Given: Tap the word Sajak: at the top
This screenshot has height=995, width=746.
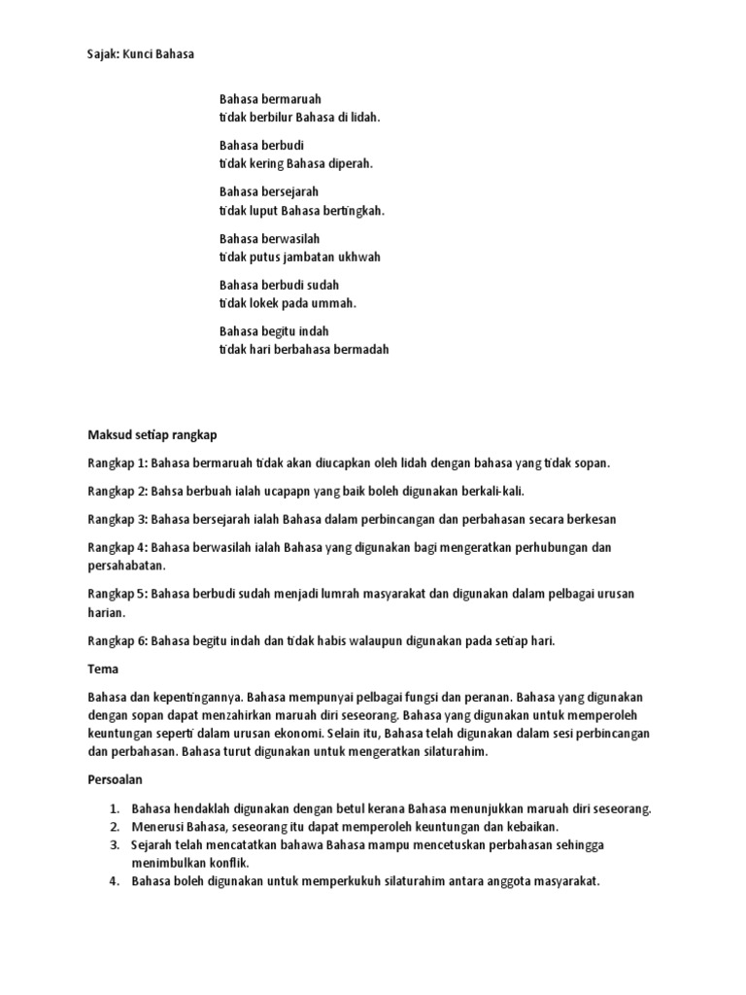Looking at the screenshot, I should [x=105, y=54].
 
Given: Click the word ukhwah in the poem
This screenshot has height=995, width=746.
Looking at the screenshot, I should [x=358, y=257].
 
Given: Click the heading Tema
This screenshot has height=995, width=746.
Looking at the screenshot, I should [x=102, y=670].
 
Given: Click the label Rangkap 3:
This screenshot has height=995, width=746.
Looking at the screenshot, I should [x=118, y=520].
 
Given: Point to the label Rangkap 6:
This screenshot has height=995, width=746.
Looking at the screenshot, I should [x=118, y=641].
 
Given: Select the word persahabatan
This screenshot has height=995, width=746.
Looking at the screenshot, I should [x=126, y=566].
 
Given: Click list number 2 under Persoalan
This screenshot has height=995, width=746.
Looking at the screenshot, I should [x=114, y=827].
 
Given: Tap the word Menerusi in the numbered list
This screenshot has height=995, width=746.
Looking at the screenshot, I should [x=155, y=827].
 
